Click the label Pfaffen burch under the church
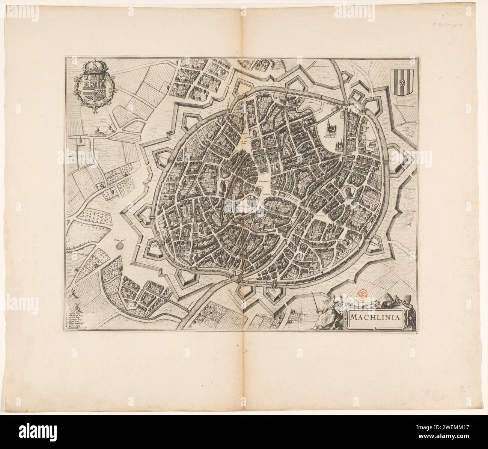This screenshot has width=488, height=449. coord(329,137)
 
